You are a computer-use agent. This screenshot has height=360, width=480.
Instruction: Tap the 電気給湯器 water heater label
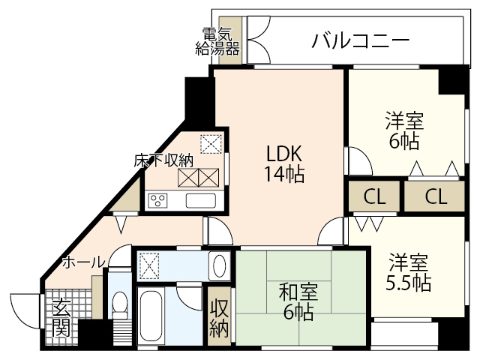pos(217,42)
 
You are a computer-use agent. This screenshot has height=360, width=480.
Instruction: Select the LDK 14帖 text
pos(283,163)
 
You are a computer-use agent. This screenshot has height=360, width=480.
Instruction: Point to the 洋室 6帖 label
pos(404,130)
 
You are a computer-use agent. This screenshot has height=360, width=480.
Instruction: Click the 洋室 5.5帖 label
pos(408,273)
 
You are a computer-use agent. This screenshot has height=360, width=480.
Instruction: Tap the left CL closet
pos(374,197)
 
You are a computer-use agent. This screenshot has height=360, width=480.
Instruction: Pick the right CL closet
pos(436,197)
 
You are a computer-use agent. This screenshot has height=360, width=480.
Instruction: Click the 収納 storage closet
pos(219,317)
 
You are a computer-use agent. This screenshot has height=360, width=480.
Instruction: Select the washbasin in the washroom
pos(219,265)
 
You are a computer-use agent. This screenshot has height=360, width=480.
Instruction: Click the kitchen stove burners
pos(158,200)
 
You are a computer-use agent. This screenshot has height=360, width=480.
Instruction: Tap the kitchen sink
pos(200,200)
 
